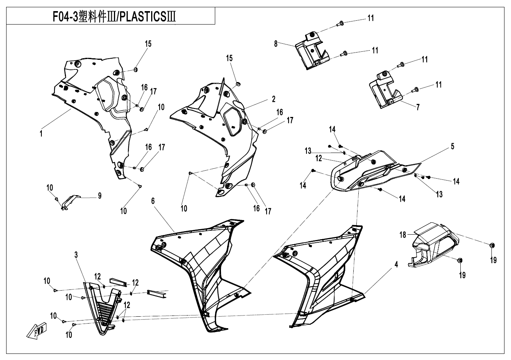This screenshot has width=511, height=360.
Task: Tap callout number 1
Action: pos(41,134)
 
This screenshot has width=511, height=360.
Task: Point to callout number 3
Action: pos(76,255)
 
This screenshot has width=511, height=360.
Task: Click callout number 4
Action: pos(396,265)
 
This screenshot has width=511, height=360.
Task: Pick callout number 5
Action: pos(453,146)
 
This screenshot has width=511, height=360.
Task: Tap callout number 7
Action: pos(418,107)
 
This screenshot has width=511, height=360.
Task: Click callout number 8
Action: pos(287,44)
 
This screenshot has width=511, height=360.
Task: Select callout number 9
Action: pos(100,196)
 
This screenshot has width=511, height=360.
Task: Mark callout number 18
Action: pos(403,235)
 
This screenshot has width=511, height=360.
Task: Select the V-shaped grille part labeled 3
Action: pos(102,307)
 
